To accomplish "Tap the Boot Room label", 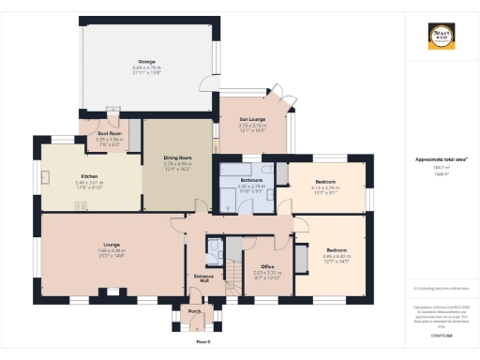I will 110,134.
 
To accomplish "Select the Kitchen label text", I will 89,176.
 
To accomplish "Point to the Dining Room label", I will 177,159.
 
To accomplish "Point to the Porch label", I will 195,310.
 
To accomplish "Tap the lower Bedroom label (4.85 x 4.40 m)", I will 336,249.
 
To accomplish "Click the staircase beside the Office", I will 231,272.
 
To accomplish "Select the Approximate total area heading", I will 442,159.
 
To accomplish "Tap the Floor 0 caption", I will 201,343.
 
